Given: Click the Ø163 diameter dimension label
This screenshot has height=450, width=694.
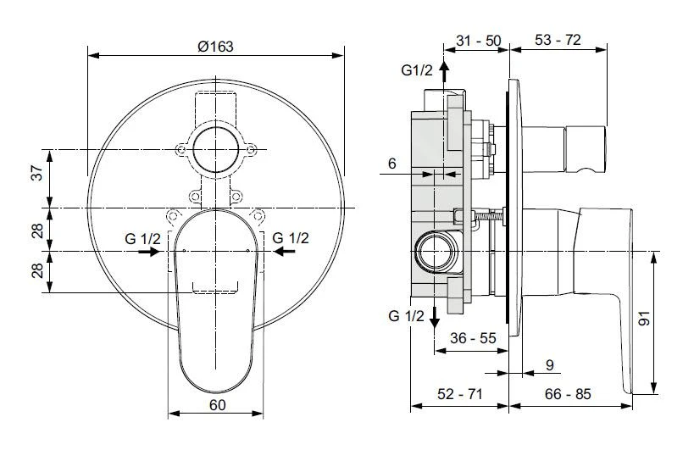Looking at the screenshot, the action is click(215, 47).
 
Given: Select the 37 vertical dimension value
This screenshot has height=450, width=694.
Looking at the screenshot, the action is click(38, 172).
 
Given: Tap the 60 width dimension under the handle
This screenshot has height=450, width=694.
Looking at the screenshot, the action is click(217, 404).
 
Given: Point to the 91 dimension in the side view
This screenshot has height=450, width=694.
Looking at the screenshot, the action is click(645, 319).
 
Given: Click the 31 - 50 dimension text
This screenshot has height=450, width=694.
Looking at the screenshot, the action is click(479, 41).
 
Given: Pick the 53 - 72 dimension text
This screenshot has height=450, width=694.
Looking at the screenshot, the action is click(558, 40).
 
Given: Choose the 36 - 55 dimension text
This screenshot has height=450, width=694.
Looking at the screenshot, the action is click(473, 338).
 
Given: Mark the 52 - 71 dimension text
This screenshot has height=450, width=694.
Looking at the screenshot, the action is click(460, 393).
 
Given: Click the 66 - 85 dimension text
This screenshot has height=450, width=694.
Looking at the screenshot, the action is click(568, 393).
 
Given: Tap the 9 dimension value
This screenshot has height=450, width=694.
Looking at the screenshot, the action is click(550, 365).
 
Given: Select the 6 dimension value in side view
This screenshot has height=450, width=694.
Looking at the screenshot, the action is click(392, 164).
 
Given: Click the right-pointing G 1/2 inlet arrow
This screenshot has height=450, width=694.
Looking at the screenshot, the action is click(148, 252).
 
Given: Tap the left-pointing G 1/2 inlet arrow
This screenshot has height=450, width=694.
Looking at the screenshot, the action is click(285, 252).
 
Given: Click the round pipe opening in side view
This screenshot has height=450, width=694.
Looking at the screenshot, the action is click(435, 253).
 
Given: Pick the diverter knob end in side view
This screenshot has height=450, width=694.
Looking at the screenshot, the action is click(584, 149).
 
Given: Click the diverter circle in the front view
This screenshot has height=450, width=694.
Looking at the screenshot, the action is click(215, 149).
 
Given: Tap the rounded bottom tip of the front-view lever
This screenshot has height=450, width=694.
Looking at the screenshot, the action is click(215, 392).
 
